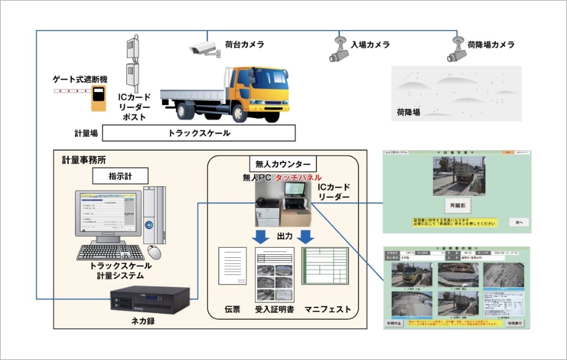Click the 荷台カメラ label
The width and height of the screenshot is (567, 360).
click(x=244, y=45)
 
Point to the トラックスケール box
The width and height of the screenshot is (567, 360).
click(x=198, y=133)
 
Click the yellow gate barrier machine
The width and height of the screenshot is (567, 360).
click(x=97, y=97)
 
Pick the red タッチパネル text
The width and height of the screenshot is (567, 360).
click(x=298, y=178)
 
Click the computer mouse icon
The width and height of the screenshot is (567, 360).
click(x=154, y=251)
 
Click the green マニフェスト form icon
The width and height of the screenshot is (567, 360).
click(x=325, y=273)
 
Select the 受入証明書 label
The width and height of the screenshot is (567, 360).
click(x=275, y=309)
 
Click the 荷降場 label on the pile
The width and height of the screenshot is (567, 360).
click(x=408, y=112)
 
